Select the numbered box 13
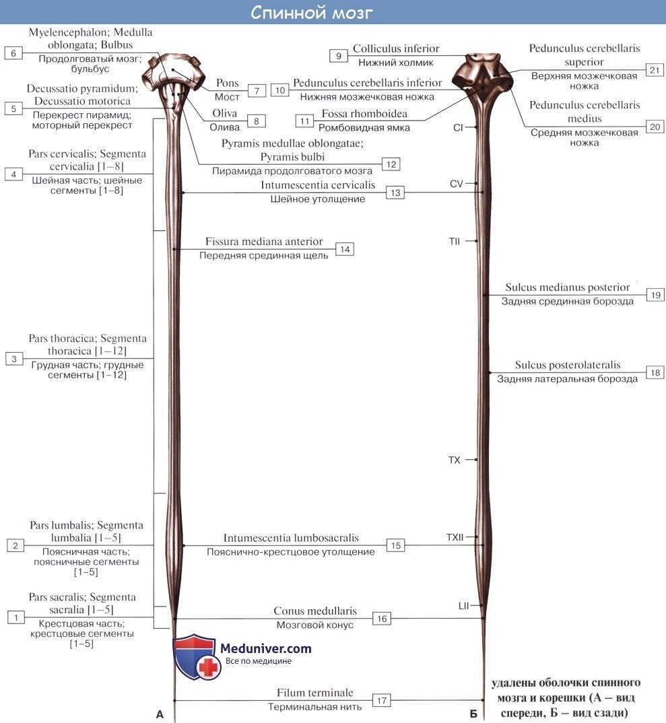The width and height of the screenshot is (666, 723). (x=395, y=193)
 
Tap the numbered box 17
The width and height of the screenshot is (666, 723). (x=382, y=700)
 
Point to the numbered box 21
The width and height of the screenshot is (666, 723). (x=654, y=70)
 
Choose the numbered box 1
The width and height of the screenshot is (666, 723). (x=17, y=617)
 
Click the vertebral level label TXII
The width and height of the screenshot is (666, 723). (x=455, y=537)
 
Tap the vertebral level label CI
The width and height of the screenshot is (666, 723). (x=457, y=127)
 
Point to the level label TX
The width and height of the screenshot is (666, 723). (x=455, y=460)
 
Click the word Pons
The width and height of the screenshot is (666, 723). (x=228, y=83)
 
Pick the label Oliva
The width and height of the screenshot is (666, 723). (x=225, y=114)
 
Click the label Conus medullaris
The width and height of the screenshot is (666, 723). (x=314, y=611)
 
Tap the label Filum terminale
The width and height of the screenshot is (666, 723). (x=314, y=693)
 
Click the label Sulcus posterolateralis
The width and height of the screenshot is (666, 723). (x=568, y=365)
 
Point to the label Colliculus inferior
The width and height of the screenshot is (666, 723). (x=396, y=48)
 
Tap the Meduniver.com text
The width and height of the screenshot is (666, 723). (x=266, y=649)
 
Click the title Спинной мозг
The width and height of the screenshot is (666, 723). (x=311, y=13)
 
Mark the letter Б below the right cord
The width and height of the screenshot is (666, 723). (x=473, y=714)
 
